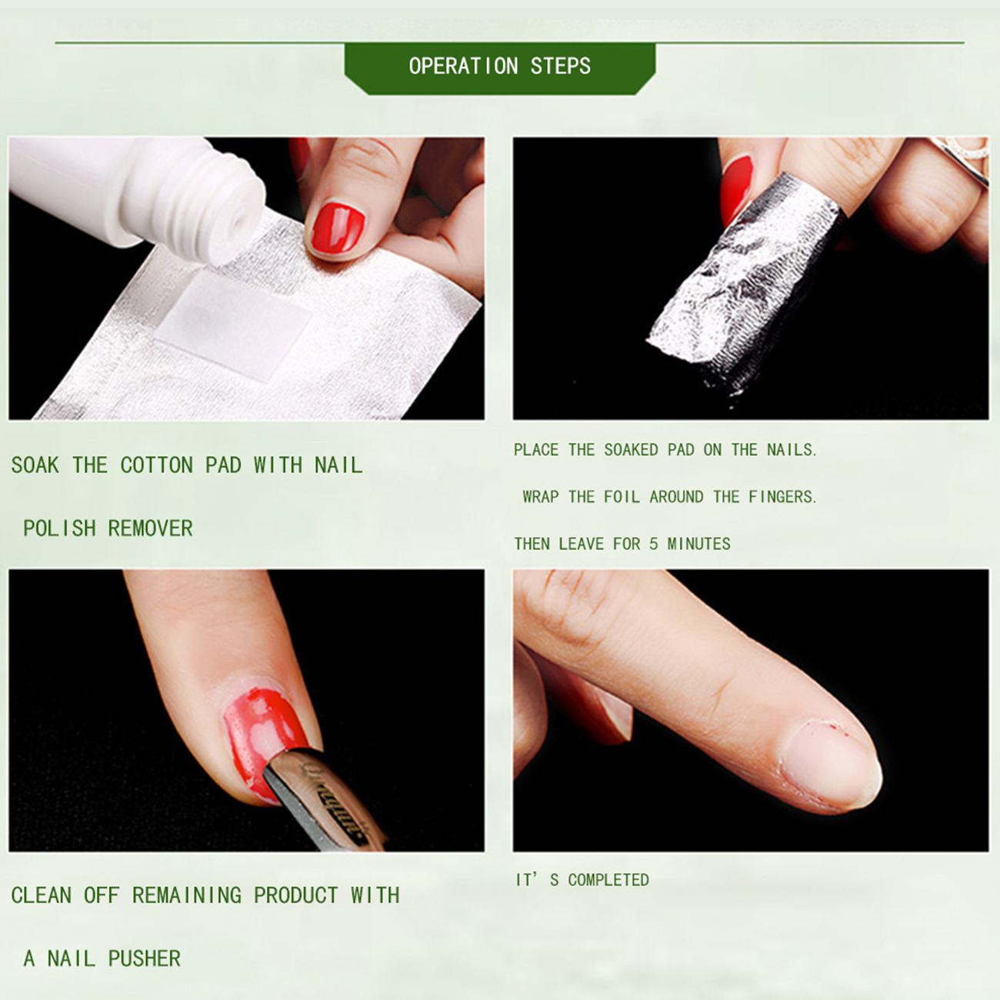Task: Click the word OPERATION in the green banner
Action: click(x=463, y=66)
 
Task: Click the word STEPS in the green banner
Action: click(x=561, y=66)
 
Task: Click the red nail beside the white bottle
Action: click(x=338, y=228)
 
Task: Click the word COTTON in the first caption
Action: click(x=157, y=465)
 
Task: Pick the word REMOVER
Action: click(x=151, y=528)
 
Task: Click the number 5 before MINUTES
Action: click(x=654, y=544)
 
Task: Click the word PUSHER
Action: click(x=145, y=958)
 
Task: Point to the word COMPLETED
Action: click(x=608, y=879)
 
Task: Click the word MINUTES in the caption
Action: click(x=698, y=544)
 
